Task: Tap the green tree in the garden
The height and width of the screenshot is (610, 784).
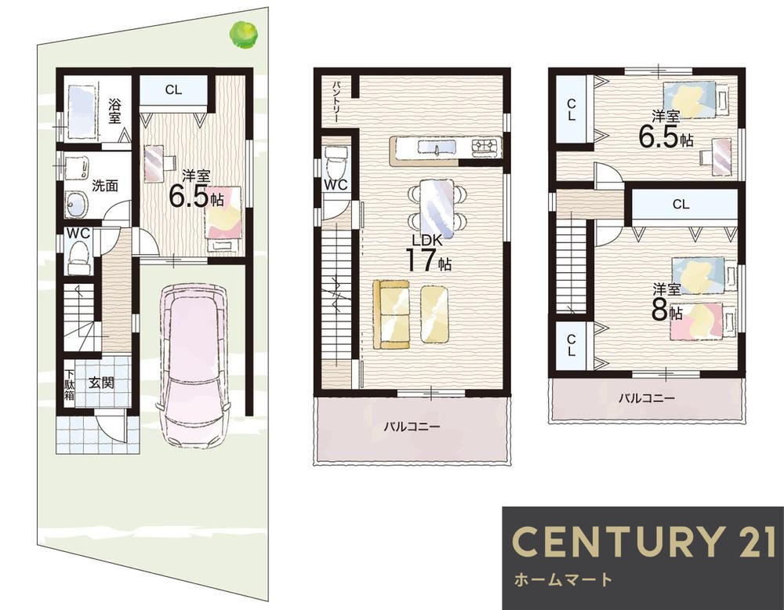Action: point(244,34)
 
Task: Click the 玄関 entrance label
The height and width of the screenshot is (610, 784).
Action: point(101,383)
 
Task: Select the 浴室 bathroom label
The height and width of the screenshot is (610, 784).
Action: point(115,111)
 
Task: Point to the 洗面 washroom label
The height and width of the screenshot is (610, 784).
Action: point(105,186)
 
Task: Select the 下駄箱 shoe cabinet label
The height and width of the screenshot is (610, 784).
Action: point(69,384)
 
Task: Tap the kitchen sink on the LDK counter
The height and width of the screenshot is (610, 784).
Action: point(437,148)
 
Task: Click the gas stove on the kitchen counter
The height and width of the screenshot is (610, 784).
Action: point(485,146)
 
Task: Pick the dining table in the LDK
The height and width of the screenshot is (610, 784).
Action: point(437,209)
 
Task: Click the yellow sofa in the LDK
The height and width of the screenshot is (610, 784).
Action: point(391,314)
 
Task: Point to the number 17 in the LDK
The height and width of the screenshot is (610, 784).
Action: point(421,260)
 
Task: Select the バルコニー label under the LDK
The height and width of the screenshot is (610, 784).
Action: point(412,427)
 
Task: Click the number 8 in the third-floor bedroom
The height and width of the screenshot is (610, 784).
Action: point(659,310)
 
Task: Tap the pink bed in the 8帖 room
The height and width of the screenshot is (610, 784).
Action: point(703,321)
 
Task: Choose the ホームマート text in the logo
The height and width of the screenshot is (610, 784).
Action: point(563,579)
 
